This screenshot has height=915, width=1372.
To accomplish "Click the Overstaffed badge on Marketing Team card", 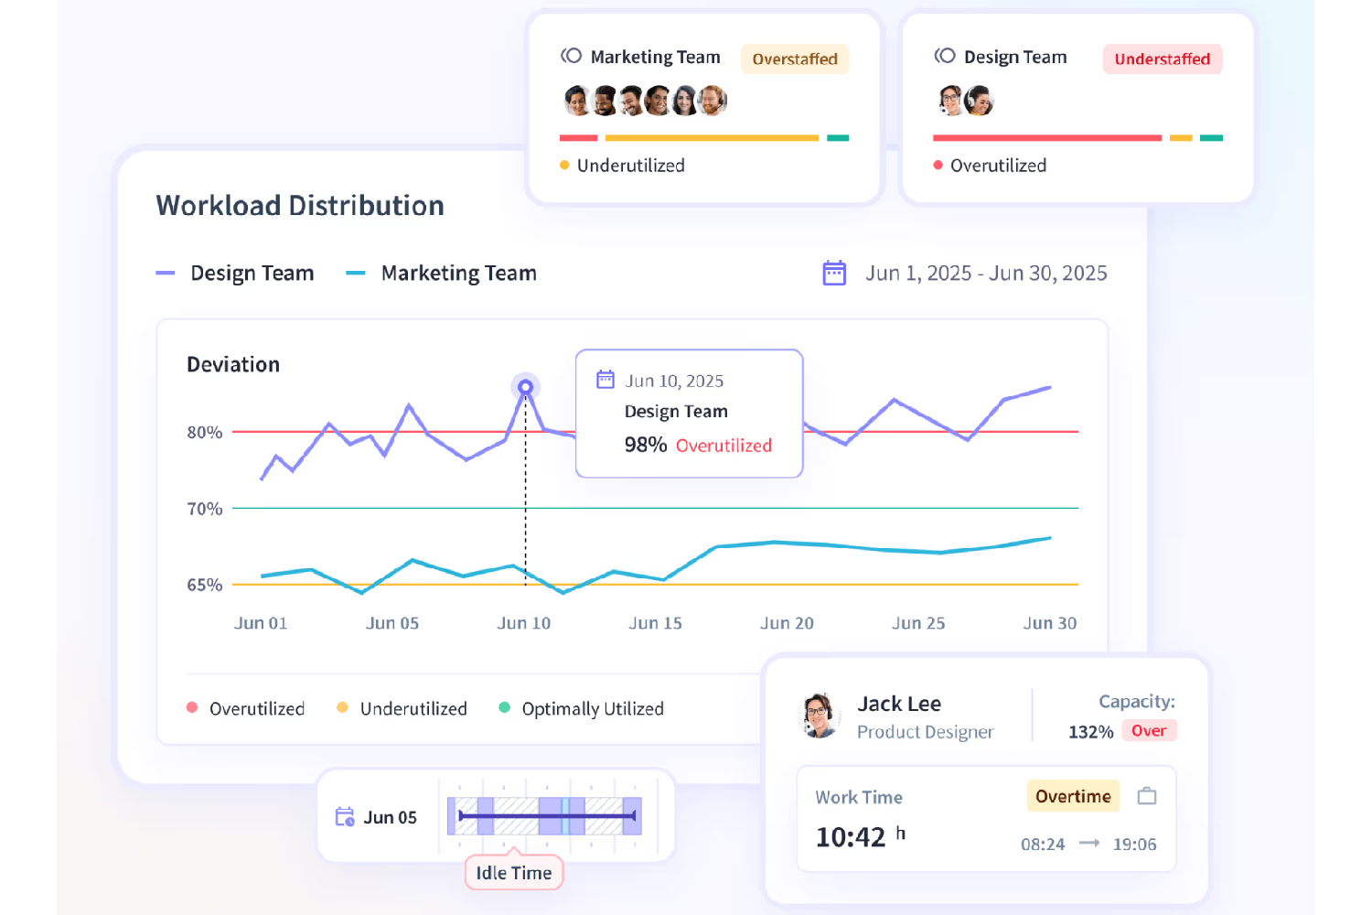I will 795,59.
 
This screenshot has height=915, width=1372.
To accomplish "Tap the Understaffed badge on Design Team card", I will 1162,59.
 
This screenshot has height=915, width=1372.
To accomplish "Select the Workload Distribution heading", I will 300,206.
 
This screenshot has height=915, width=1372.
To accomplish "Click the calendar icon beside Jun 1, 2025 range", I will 834,273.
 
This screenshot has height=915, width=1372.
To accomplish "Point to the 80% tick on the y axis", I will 205,432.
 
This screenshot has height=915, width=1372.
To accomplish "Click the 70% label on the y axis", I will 205,509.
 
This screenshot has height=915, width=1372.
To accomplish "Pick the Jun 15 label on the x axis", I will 655,623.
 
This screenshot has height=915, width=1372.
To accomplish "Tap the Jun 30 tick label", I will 1049,623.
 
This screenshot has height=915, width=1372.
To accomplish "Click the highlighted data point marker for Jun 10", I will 525,387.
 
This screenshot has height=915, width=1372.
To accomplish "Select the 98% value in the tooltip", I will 646,446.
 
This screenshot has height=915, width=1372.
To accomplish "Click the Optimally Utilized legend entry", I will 592,709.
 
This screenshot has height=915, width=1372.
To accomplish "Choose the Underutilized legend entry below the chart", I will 413,709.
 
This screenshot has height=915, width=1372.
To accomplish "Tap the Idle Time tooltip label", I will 513,873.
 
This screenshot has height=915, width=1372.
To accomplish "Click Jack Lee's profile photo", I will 820,716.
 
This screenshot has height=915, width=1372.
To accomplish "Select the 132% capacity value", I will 1090,732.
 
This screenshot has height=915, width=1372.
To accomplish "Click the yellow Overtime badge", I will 1073,797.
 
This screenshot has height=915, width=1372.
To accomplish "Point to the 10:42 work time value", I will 851,837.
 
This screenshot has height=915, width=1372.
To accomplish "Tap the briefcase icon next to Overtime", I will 1147,796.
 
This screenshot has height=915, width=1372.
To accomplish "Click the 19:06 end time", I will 1134,845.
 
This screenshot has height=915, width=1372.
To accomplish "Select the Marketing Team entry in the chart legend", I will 457,274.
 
